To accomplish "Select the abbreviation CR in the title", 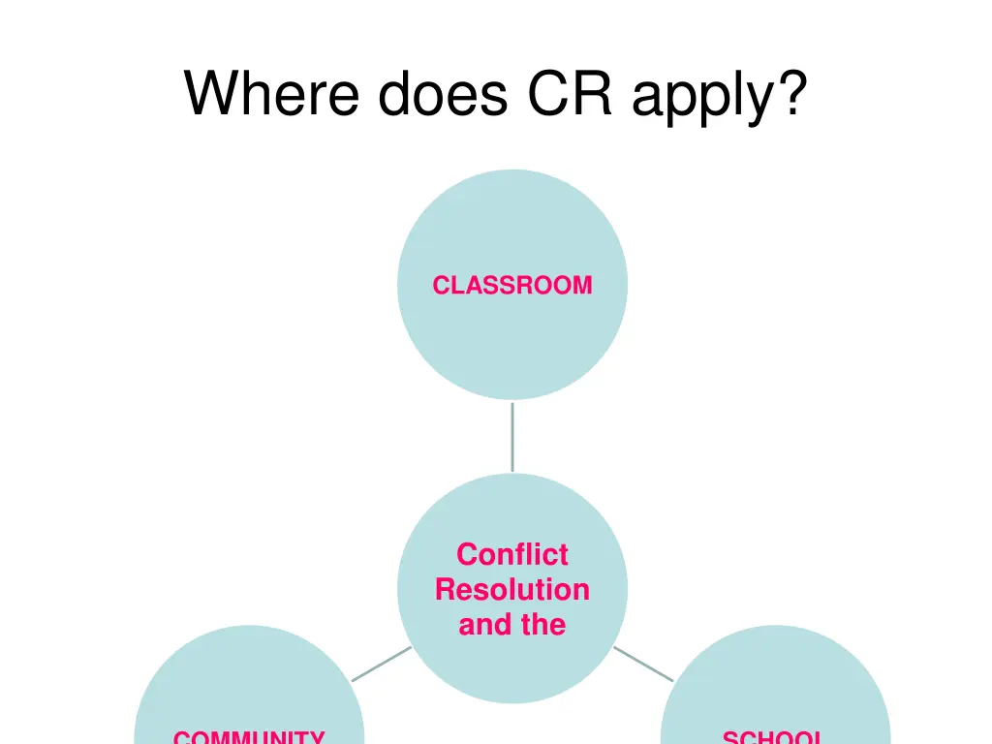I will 569,94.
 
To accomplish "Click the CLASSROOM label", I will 511,285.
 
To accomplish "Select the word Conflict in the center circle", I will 511,554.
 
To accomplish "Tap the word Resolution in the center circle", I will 511,589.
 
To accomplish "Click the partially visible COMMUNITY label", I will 249,737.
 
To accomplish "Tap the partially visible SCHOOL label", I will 773,737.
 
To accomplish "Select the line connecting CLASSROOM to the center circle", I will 511,436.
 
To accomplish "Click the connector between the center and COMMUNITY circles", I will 381,665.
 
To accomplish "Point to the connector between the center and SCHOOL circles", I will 643,664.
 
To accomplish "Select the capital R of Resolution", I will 445,589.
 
